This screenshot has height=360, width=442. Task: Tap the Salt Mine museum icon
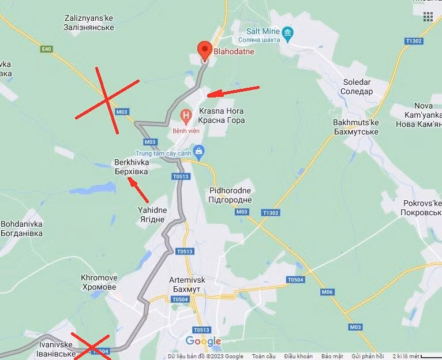287,31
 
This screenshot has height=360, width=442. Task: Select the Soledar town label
357,87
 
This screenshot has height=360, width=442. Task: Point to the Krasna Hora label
221,115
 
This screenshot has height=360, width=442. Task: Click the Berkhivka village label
131,167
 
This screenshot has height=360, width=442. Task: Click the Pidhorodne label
230,195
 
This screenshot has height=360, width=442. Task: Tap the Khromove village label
99,282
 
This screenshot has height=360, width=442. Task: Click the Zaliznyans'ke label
89,22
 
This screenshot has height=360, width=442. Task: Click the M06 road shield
328,292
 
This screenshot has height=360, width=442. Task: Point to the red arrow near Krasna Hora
233,91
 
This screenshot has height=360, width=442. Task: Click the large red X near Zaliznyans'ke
107,100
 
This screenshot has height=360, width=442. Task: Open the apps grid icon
428,16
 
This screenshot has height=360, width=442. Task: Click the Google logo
203,342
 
